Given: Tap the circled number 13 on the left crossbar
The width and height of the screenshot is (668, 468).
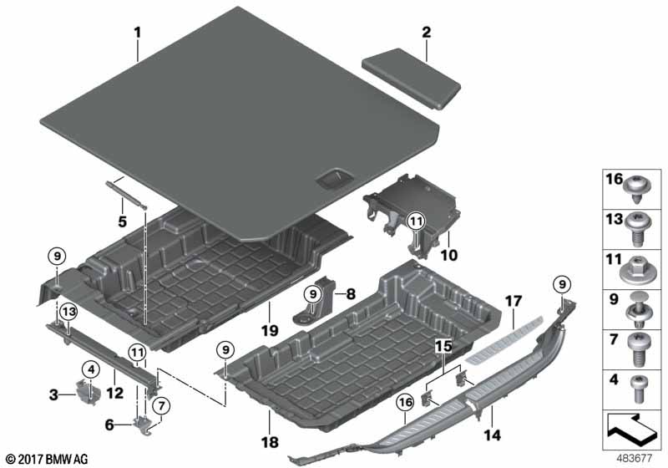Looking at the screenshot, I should point(68,312).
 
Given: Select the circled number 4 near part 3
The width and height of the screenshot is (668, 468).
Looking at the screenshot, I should point(89,368).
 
